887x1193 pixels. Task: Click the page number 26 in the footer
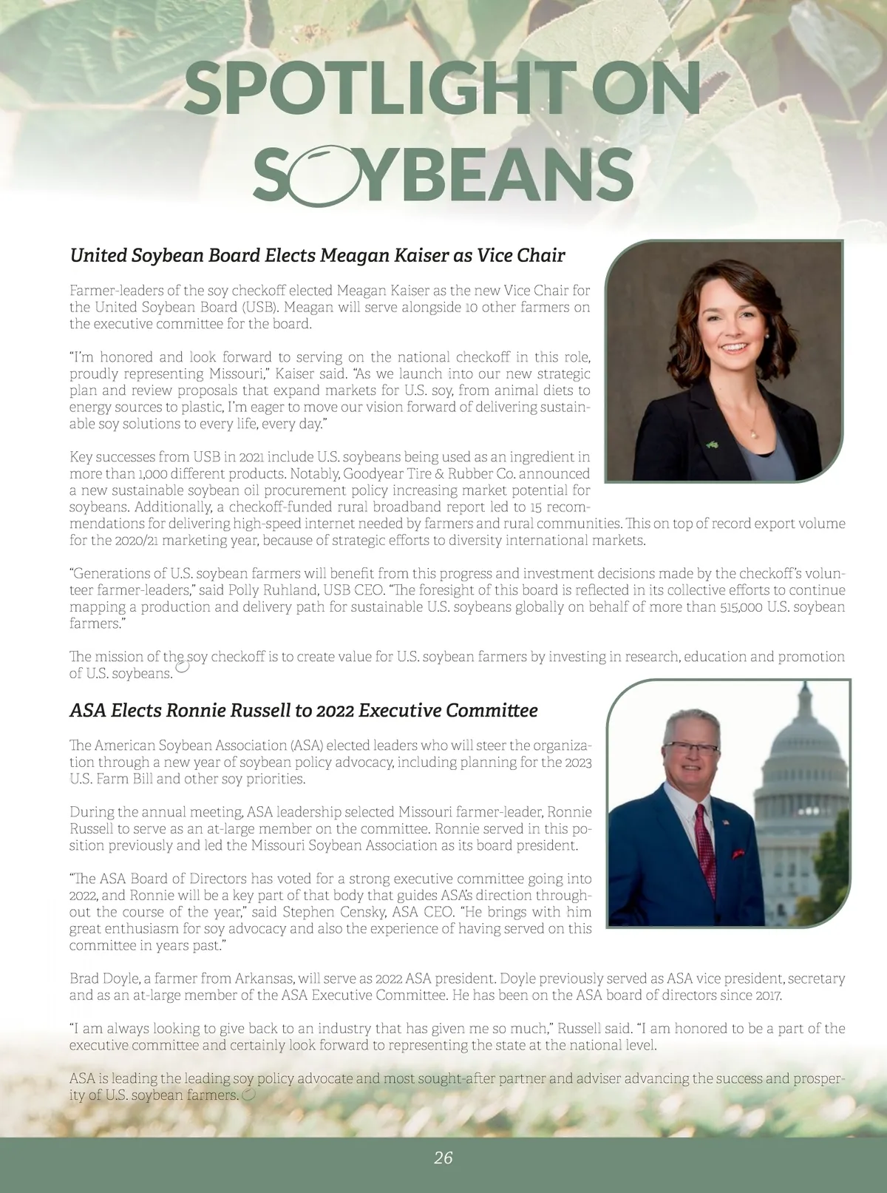tap(443, 1158)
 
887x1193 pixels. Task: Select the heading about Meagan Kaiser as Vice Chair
tap(317, 256)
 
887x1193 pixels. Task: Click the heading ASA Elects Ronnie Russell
tap(303, 711)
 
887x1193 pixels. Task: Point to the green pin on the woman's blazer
tap(711, 445)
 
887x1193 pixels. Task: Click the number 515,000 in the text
tap(741, 607)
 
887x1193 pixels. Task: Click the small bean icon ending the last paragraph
tap(248, 1095)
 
